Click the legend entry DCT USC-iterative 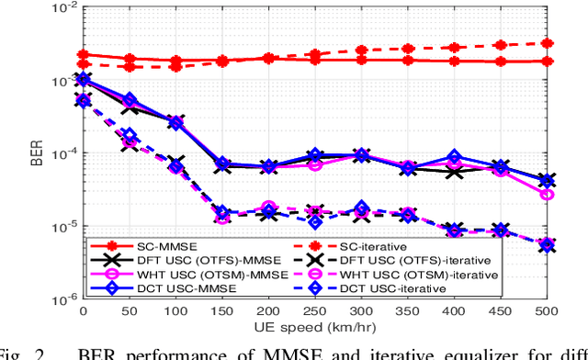(x=377, y=287)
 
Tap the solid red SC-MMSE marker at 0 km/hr (x=84, y=55)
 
